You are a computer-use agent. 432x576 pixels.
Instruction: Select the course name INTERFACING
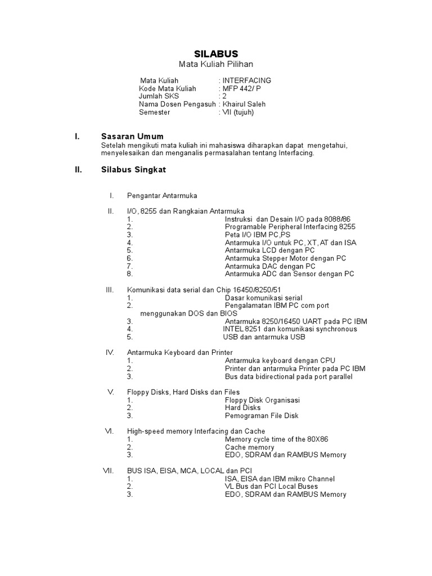click(x=246, y=80)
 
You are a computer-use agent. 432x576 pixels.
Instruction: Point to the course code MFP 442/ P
click(x=242, y=88)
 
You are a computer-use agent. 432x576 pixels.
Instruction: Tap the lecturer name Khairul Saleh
click(x=244, y=104)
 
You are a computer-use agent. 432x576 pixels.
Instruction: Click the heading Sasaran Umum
click(x=132, y=136)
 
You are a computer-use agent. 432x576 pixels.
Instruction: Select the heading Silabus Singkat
click(x=133, y=169)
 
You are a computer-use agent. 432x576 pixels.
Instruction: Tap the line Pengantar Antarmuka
click(x=162, y=195)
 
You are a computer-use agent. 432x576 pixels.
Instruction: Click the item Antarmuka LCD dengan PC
click(x=269, y=250)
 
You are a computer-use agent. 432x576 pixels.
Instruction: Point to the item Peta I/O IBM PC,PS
click(x=258, y=235)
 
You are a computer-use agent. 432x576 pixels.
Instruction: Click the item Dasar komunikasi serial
click(x=263, y=298)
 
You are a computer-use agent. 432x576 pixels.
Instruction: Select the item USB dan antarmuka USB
click(x=264, y=337)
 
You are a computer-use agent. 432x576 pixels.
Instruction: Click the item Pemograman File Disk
click(x=262, y=416)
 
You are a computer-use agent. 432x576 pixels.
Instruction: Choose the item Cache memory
click(x=249, y=447)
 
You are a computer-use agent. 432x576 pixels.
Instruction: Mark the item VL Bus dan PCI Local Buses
click(x=271, y=486)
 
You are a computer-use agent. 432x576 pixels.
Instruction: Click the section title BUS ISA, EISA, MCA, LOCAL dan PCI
click(x=190, y=470)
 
